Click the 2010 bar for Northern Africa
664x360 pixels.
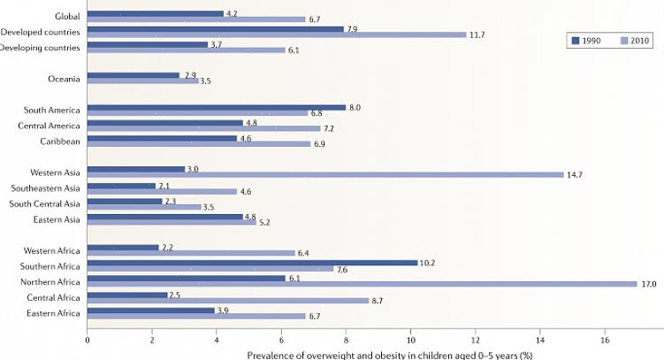coord(362,284)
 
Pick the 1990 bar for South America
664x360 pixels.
coord(217,108)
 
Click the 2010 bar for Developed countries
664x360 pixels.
coord(277,34)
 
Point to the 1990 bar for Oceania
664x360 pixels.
coord(134,75)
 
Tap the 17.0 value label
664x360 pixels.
coord(649,284)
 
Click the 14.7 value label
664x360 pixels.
coord(575,174)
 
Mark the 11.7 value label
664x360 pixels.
coord(477,34)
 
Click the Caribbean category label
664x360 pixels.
coord(59,140)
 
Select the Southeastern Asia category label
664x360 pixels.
coord(45,188)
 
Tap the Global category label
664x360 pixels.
coord(66,16)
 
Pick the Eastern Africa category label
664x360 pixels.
coord(54,313)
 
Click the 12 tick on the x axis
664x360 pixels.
coord(476,339)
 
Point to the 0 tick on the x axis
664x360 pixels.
coord(88,339)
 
